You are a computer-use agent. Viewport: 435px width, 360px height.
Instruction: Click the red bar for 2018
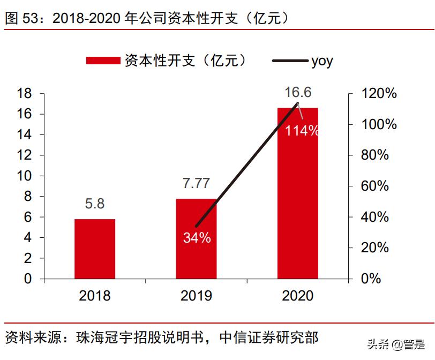tap(95, 249)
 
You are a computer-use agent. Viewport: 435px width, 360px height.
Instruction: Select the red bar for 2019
tap(196, 238)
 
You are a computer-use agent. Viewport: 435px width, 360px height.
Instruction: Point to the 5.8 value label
tap(95, 205)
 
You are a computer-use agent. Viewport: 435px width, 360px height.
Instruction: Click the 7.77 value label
tap(196, 184)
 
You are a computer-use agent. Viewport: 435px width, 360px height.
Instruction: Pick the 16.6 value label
tap(298, 93)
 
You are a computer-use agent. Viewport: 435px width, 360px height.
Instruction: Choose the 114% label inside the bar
tap(302, 130)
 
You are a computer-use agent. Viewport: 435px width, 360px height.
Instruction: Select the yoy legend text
tap(322, 61)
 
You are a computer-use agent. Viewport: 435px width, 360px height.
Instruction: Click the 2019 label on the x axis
tap(196, 295)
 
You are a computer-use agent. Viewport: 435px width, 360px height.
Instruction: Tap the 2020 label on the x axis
tap(297, 295)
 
